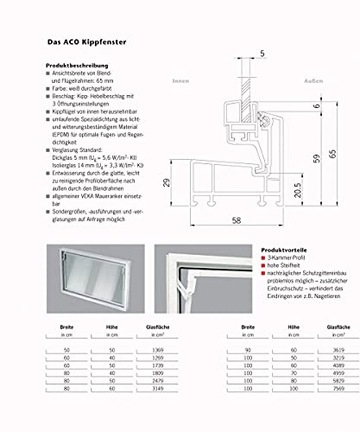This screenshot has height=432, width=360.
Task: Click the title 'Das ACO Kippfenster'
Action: point(89,39)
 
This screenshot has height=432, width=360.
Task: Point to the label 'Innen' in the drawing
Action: point(180,81)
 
